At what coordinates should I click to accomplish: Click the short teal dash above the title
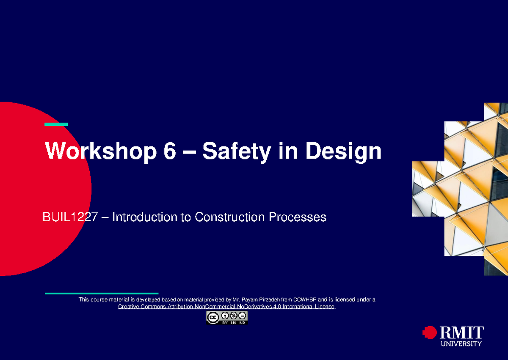pos(56,124)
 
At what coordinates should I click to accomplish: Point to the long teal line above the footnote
pos(102,293)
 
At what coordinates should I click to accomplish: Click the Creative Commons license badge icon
pos(227,318)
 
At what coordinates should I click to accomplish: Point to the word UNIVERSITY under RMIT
pos(461,344)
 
